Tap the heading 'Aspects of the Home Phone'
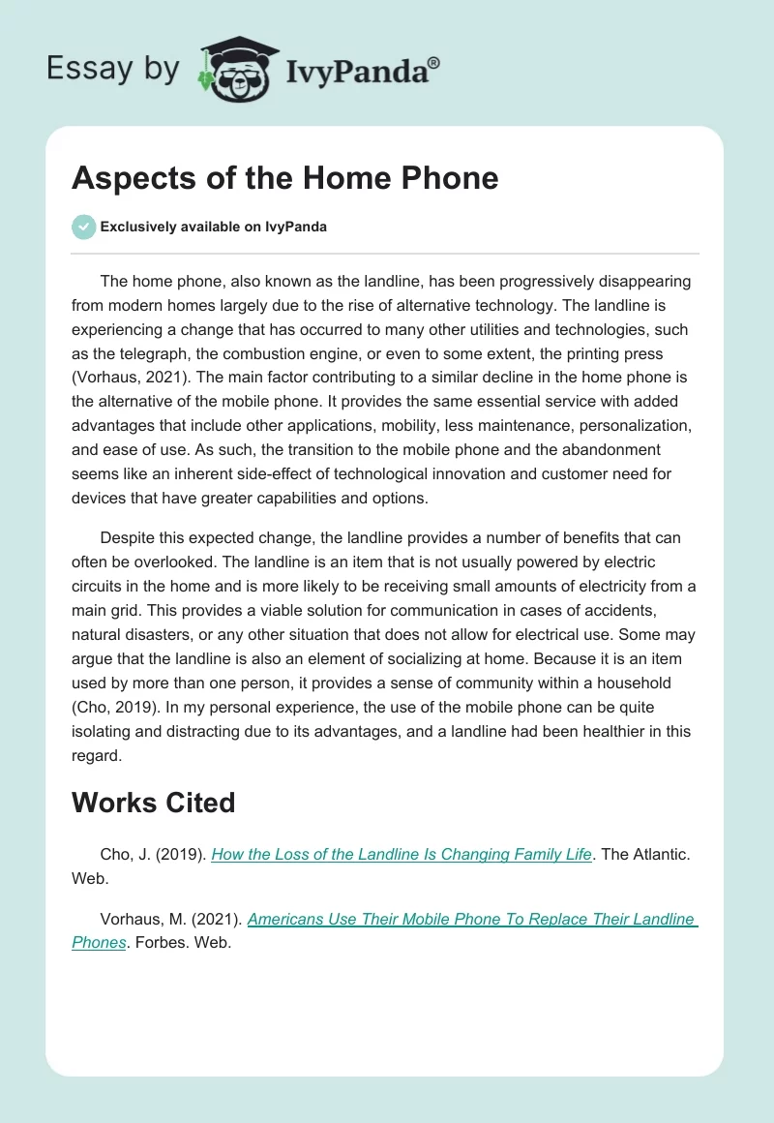tap(285, 178)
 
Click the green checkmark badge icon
tap(83, 227)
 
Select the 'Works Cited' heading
tap(153, 803)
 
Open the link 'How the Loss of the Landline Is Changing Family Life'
tap(401, 855)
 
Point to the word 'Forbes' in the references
tap(159, 943)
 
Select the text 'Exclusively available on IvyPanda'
tap(214, 228)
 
